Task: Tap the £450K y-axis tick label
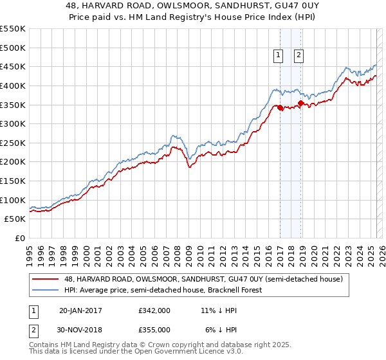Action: (13, 66)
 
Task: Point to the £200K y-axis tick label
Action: (13, 161)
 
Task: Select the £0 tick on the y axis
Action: (19, 238)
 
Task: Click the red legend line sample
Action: (46, 279)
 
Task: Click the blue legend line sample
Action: (46, 290)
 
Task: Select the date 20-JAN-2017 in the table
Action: (80, 310)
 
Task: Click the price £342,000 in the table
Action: (154, 310)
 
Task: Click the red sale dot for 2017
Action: (280, 107)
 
